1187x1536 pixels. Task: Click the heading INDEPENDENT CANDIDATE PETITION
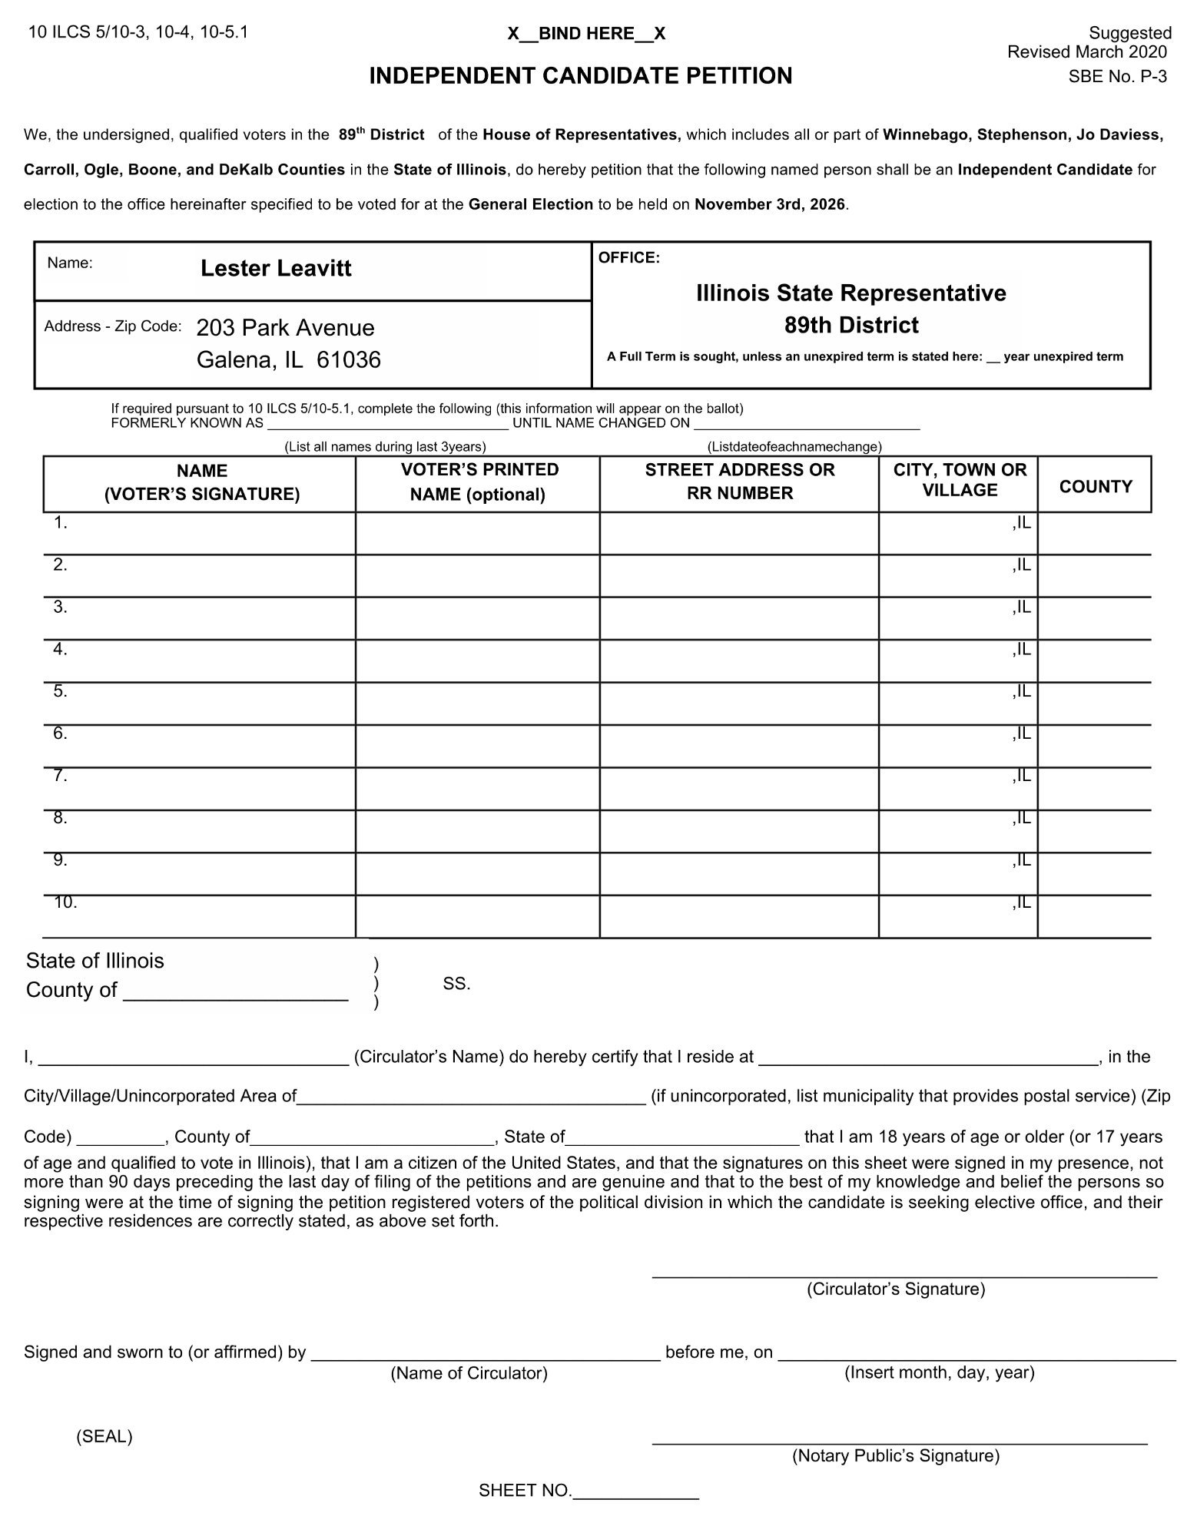point(580,76)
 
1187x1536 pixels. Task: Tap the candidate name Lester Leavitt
point(276,268)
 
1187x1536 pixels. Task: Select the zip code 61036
point(348,360)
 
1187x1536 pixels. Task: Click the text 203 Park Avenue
point(285,328)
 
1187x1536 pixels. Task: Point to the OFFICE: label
point(628,258)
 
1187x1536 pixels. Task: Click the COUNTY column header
point(1095,486)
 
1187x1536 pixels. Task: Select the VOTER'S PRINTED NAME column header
point(479,482)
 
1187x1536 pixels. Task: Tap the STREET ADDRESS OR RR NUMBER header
point(739,482)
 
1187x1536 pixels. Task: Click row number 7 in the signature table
point(60,776)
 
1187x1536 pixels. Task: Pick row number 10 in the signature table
point(65,902)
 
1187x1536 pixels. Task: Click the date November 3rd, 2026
point(770,205)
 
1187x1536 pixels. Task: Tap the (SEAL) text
point(104,1437)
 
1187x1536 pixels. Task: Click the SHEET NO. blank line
point(636,1491)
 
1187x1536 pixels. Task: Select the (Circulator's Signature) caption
point(895,1289)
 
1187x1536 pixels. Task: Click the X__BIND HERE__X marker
point(586,34)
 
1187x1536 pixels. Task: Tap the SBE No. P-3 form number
point(1117,77)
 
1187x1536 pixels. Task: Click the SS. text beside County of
point(456,984)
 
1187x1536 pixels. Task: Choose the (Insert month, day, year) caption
point(939,1372)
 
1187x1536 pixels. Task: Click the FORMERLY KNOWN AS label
point(187,423)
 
